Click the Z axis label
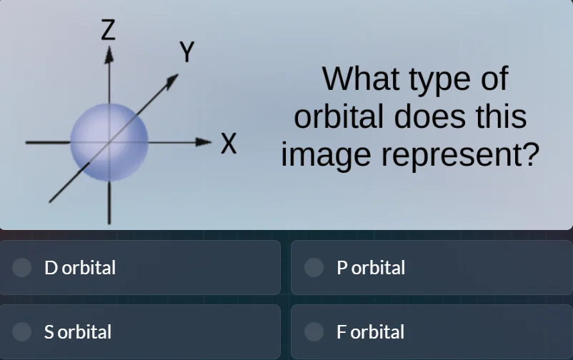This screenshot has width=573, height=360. pyautogui.click(x=108, y=30)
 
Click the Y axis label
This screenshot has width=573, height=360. pyautogui.click(x=186, y=53)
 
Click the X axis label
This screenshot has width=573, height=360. pyautogui.click(x=228, y=144)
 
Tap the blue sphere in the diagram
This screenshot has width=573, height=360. pyautogui.click(x=109, y=141)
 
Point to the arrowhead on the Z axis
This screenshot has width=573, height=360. pyautogui.click(x=109, y=54)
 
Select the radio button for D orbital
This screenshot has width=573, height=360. pyautogui.click(x=23, y=267)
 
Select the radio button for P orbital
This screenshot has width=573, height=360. pyautogui.click(x=314, y=267)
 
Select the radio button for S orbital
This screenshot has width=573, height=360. pyautogui.click(x=23, y=331)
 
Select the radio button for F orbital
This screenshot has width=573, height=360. pyautogui.click(x=314, y=331)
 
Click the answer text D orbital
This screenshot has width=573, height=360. pyautogui.click(x=80, y=268)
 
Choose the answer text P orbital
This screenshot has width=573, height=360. pyautogui.click(x=371, y=268)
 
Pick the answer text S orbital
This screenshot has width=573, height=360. pyautogui.click(x=78, y=332)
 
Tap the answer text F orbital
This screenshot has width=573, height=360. pyautogui.click(x=370, y=332)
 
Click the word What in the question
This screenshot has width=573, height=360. pyautogui.click(x=361, y=79)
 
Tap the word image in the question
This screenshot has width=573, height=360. pyautogui.click(x=325, y=156)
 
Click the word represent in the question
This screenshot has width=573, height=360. pyautogui.click(x=447, y=156)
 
